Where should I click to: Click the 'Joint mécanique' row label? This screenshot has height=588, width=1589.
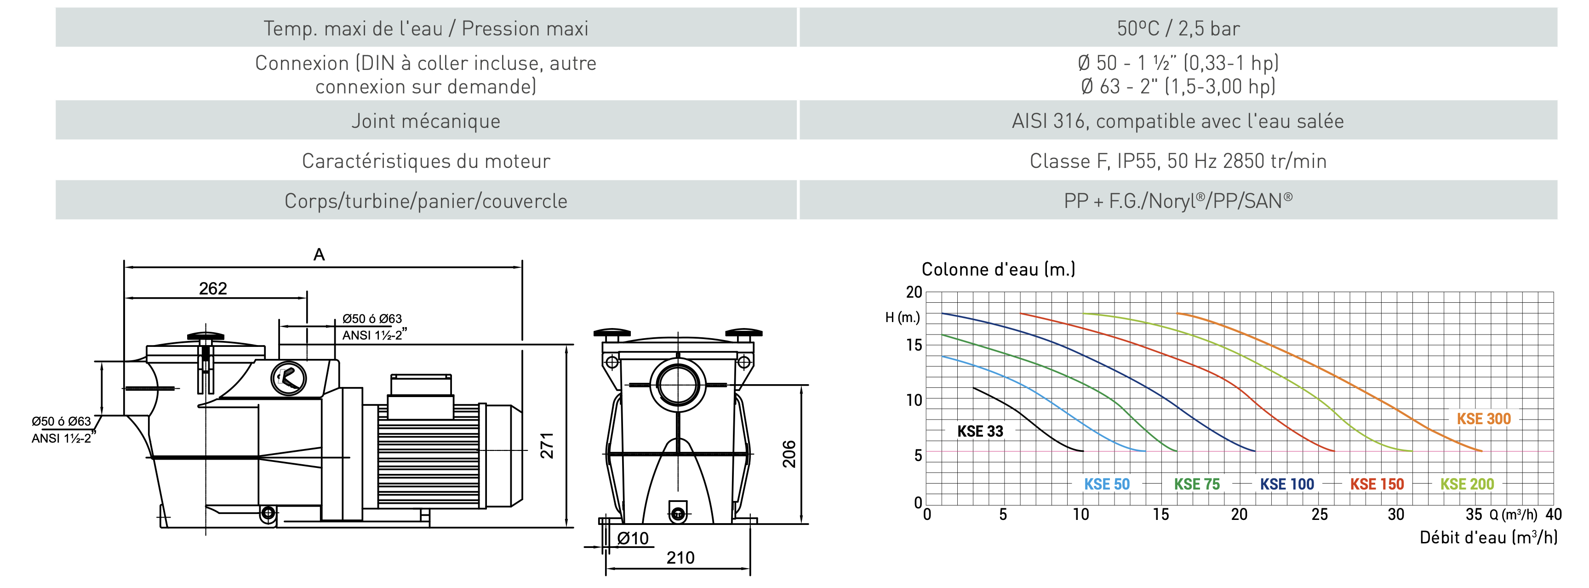point(426,121)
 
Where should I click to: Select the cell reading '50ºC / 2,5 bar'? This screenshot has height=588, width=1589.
point(1178,29)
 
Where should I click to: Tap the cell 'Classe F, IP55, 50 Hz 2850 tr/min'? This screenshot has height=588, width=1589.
point(1178,161)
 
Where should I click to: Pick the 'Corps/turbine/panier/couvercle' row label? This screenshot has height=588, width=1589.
point(426,201)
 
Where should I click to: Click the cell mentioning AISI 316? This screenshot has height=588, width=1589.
point(1177,121)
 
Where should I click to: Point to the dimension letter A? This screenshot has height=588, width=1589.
point(319,254)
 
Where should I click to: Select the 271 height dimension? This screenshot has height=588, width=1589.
point(547,445)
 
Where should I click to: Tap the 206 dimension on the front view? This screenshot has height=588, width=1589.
point(789,454)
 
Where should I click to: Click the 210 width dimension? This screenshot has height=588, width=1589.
point(680,558)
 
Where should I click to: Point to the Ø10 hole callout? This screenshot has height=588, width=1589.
point(633,539)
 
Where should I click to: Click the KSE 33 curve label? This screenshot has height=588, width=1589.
point(980,431)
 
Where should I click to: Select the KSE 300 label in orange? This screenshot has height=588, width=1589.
point(1484,419)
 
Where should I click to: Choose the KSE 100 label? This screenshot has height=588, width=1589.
point(1287,484)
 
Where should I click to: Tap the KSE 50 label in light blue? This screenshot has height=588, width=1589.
point(1107,484)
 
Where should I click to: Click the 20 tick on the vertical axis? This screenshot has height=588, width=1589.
point(914,292)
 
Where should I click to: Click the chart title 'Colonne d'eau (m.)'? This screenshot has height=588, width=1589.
point(998,269)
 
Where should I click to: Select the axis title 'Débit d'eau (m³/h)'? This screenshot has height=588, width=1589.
point(1488,537)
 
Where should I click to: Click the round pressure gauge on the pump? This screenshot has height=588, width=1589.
point(289,378)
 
